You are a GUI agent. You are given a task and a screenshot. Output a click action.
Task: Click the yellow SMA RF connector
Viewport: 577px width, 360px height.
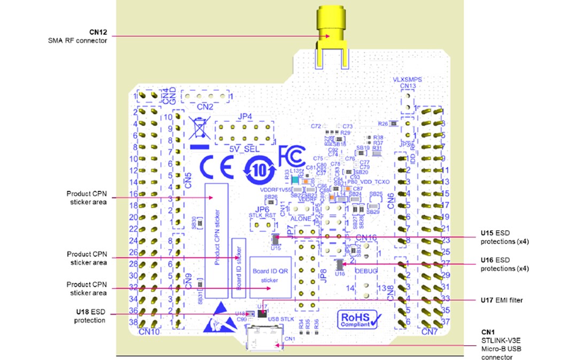(331, 34)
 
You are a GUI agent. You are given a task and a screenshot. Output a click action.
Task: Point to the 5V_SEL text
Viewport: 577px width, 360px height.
(244, 149)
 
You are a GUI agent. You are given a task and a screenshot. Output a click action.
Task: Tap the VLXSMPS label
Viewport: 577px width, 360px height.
(408, 79)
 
